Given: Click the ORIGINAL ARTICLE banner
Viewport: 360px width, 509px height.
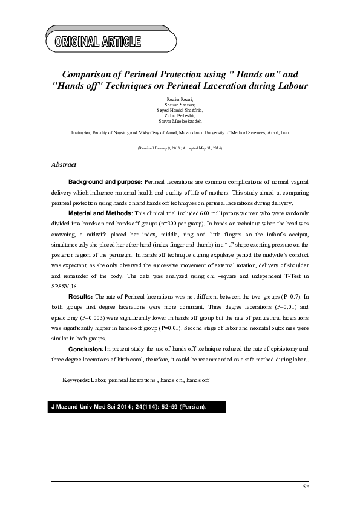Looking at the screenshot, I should (98, 42).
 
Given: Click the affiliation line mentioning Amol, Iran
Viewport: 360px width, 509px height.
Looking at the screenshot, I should (180, 131).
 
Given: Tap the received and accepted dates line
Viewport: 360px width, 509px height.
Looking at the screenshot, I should (180, 148).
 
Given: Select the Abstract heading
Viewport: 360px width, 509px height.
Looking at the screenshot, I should (64, 164).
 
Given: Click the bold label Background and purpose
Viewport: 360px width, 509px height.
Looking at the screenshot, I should (105, 181).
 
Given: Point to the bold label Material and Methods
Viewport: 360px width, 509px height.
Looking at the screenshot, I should (99, 213).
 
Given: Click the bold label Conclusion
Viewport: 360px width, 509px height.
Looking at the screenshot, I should (85, 349).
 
